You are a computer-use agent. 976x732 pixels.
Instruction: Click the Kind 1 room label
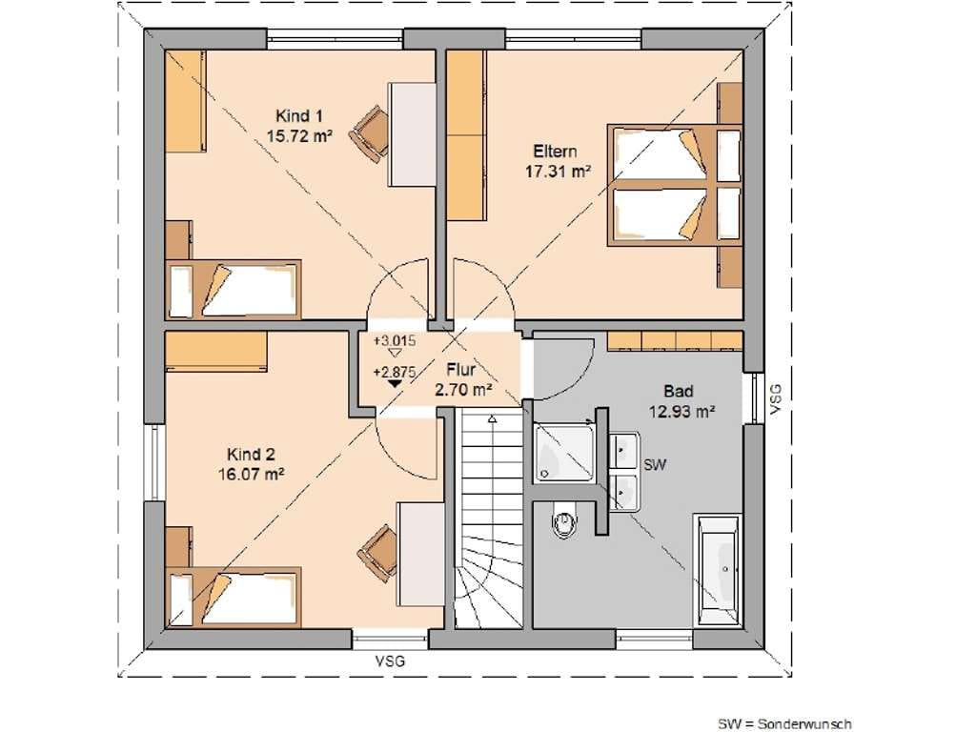[x=298, y=116]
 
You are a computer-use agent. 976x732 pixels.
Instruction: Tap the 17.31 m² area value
[x=558, y=172]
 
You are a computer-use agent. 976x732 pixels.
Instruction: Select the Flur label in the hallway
[x=461, y=370]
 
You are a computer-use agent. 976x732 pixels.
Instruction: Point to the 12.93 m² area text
[x=681, y=411]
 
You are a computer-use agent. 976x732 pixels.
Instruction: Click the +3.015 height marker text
[x=395, y=341]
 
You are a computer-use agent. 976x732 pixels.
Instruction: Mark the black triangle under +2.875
[x=394, y=384]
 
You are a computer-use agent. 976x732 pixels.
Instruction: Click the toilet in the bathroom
[x=564, y=521]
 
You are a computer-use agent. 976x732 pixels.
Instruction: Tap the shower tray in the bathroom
[x=564, y=453]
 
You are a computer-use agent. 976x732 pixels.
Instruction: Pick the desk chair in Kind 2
[x=377, y=554]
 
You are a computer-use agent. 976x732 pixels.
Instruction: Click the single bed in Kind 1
[x=234, y=290]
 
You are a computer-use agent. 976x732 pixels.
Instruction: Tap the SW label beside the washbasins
[x=655, y=464]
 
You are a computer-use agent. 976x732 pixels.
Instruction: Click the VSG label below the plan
[x=390, y=661]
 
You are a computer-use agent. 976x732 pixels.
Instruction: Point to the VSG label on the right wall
[x=775, y=399]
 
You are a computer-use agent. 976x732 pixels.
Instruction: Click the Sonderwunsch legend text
[x=804, y=724]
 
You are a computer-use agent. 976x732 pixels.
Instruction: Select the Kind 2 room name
[x=251, y=455]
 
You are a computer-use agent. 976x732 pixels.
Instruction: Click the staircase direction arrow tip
[x=493, y=419]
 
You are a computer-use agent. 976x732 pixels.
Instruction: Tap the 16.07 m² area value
[x=251, y=475]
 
